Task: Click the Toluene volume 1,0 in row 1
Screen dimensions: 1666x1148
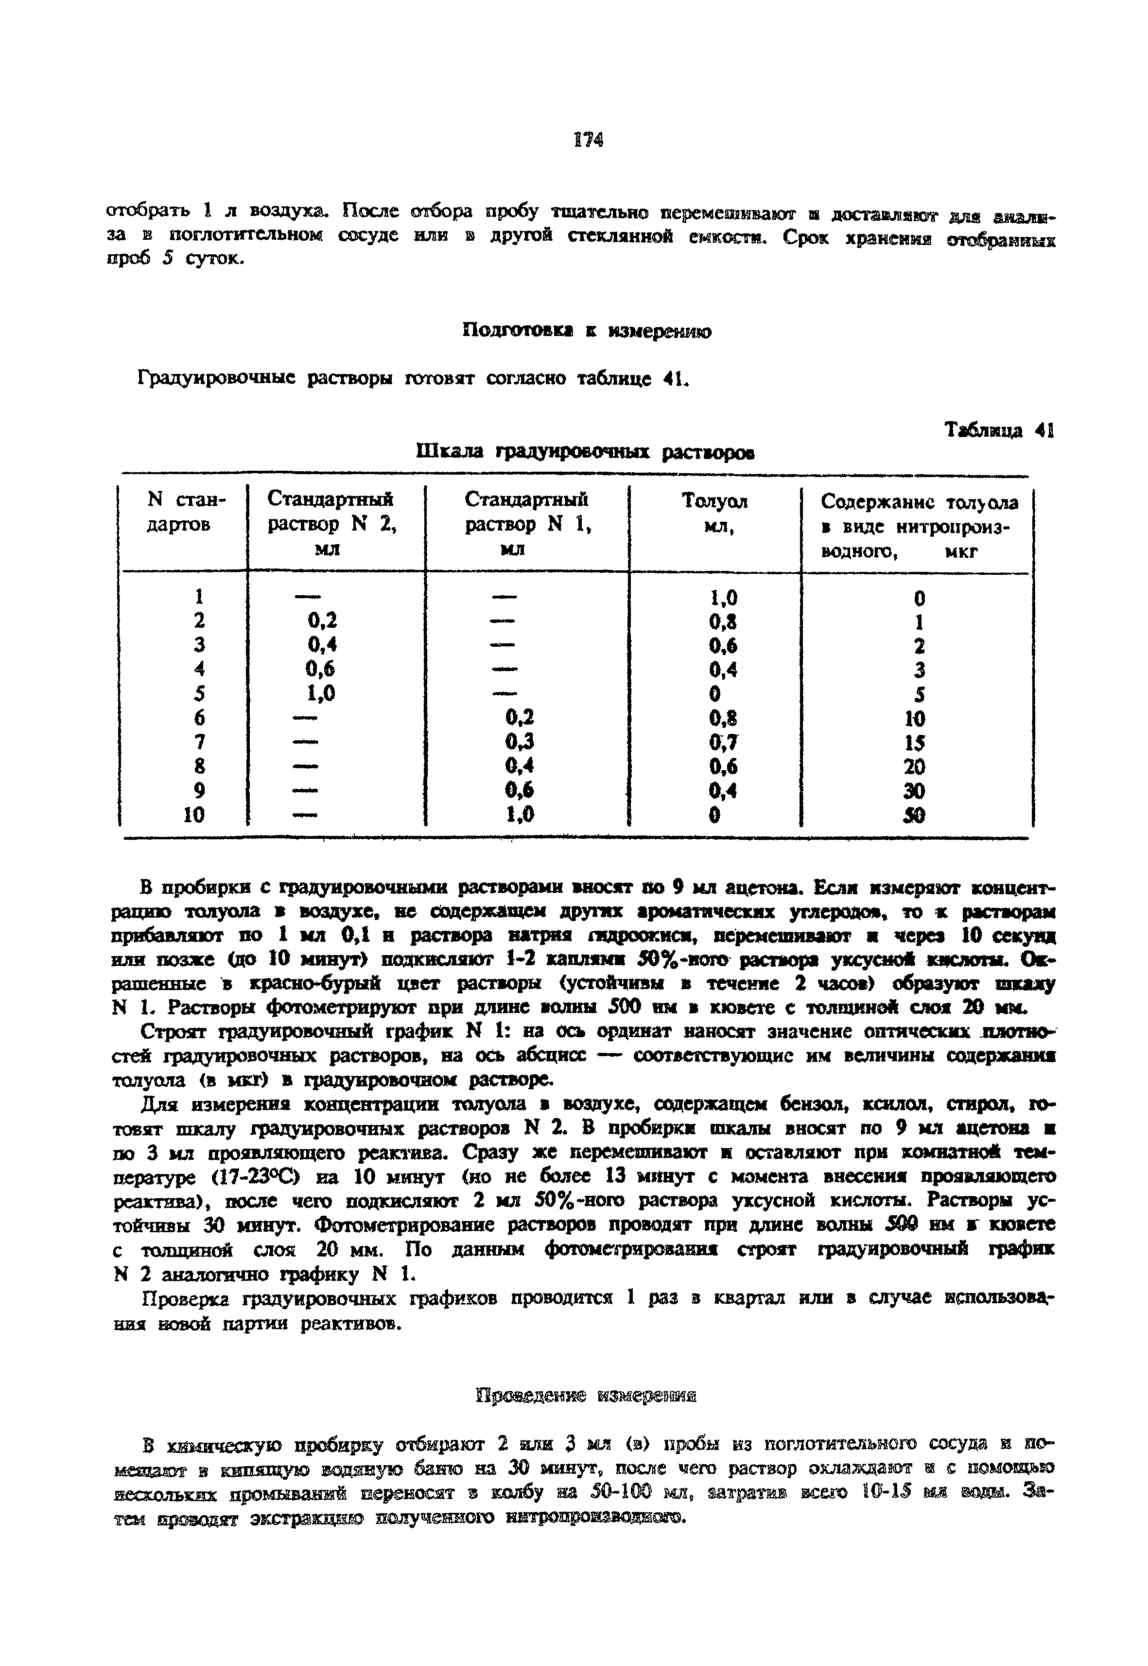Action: coord(723,597)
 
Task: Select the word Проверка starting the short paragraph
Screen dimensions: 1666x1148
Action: coord(188,1298)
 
